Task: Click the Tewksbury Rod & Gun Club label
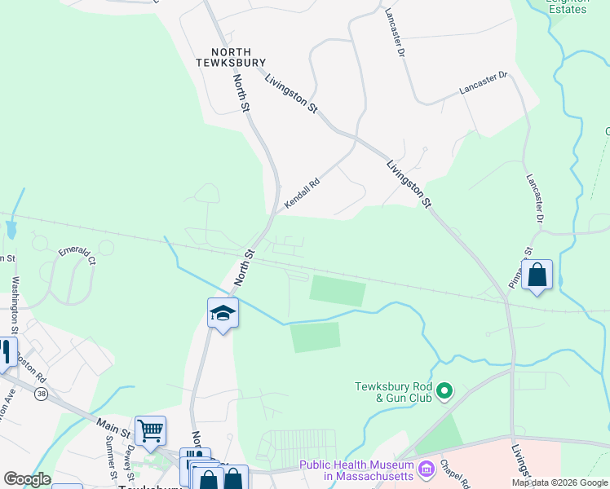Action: pos(396,392)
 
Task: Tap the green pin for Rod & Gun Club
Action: pos(444,392)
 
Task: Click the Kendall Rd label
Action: pos(301,193)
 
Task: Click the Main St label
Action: pos(113,424)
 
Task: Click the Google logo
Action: pos(28,479)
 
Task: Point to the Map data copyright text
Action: pos(559,482)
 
